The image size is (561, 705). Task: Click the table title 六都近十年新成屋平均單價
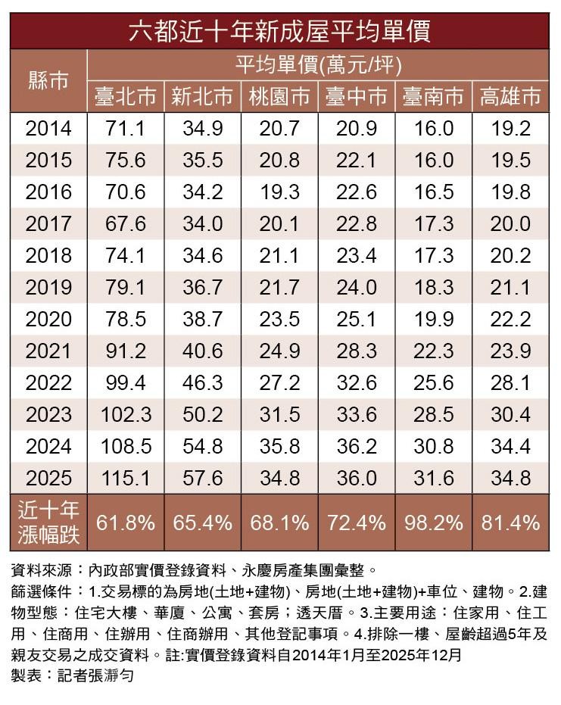click(x=279, y=32)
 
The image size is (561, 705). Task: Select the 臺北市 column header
click(x=126, y=96)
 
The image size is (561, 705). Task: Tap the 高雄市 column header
click(x=510, y=96)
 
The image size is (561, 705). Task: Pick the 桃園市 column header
click(x=279, y=96)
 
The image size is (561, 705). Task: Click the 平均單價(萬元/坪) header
click(x=317, y=65)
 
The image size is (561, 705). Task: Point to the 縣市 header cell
click(x=48, y=80)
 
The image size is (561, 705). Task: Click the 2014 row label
click(x=48, y=129)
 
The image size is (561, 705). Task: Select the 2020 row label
click(x=48, y=320)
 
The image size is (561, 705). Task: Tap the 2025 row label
click(x=48, y=479)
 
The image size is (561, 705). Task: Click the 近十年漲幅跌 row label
click(x=48, y=523)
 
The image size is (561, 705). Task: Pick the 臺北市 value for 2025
click(x=126, y=479)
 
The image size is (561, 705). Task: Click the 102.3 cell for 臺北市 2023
click(x=126, y=415)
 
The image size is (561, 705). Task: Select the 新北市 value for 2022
click(x=202, y=383)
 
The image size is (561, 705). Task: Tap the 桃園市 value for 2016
click(x=279, y=192)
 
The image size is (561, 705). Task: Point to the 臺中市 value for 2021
click(x=356, y=351)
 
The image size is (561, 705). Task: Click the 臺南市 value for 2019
click(x=434, y=288)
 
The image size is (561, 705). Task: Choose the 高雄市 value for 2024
click(x=510, y=447)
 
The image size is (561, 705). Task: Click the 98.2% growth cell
click(x=434, y=523)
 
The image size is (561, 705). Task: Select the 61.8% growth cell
click(x=126, y=523)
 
